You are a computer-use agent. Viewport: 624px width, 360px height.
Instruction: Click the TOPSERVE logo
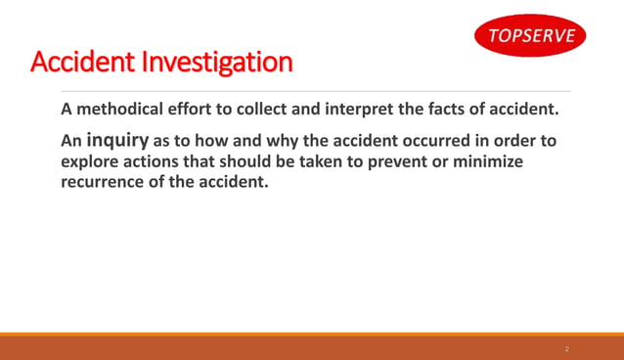pyautogui.click(x=532, y=38)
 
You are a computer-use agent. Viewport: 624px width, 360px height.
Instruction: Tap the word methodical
pyautogui.click(x=122, y=109)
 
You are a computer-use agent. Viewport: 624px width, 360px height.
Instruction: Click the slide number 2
pyautogui.click(x=566, y=348)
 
